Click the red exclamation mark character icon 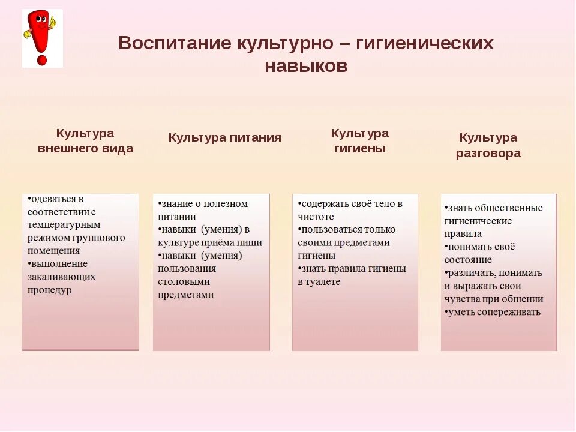(x=41, y=37)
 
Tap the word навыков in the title (x=305, y=65)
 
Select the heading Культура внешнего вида (x=85, y=141)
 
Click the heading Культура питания (x=224, y=137)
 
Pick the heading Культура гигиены (x=359, y=141)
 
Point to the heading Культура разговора (x=488, y=145)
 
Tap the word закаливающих (x=61, y=277)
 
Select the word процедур (x=49, y=290)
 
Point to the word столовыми (x=184, y=281)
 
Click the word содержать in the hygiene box (x=325, y=203)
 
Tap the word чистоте (x=316, y=217)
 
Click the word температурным (x=64, y=224)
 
